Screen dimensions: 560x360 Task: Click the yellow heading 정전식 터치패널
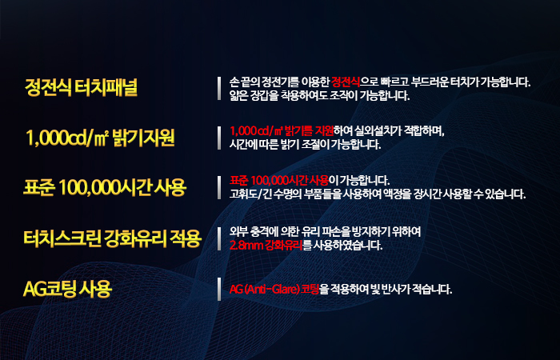coord(81,87)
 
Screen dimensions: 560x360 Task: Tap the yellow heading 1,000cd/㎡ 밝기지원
coord(100,138)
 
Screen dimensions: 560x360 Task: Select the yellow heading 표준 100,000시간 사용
coord(105,187)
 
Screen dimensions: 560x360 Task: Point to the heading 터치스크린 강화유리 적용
coord(113,238)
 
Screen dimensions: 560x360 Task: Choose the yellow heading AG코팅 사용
coord(67,289)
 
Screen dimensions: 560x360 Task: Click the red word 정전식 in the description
coord(346,82)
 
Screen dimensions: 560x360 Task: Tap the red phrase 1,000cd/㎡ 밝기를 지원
coord(282,131)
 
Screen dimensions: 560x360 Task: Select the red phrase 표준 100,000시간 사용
coord(279,180)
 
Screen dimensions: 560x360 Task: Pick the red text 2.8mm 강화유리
coord(266,246)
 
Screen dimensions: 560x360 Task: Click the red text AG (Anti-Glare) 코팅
coord(274,289)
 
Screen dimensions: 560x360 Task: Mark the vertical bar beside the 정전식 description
coord(219,88)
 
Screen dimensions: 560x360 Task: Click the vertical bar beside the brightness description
coord(219,138)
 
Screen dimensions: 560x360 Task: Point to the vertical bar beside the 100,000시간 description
coord(219,187)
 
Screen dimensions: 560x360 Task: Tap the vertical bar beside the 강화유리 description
coord(219,238)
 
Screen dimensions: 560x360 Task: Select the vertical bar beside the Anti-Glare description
coord(219,289)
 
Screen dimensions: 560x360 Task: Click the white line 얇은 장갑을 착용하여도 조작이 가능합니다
coord(320,95)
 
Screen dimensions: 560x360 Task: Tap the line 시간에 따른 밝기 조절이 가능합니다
coord(306,144)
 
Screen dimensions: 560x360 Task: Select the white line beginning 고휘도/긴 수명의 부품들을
coord(378,194)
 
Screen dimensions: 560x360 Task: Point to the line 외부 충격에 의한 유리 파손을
coord(325,232)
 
